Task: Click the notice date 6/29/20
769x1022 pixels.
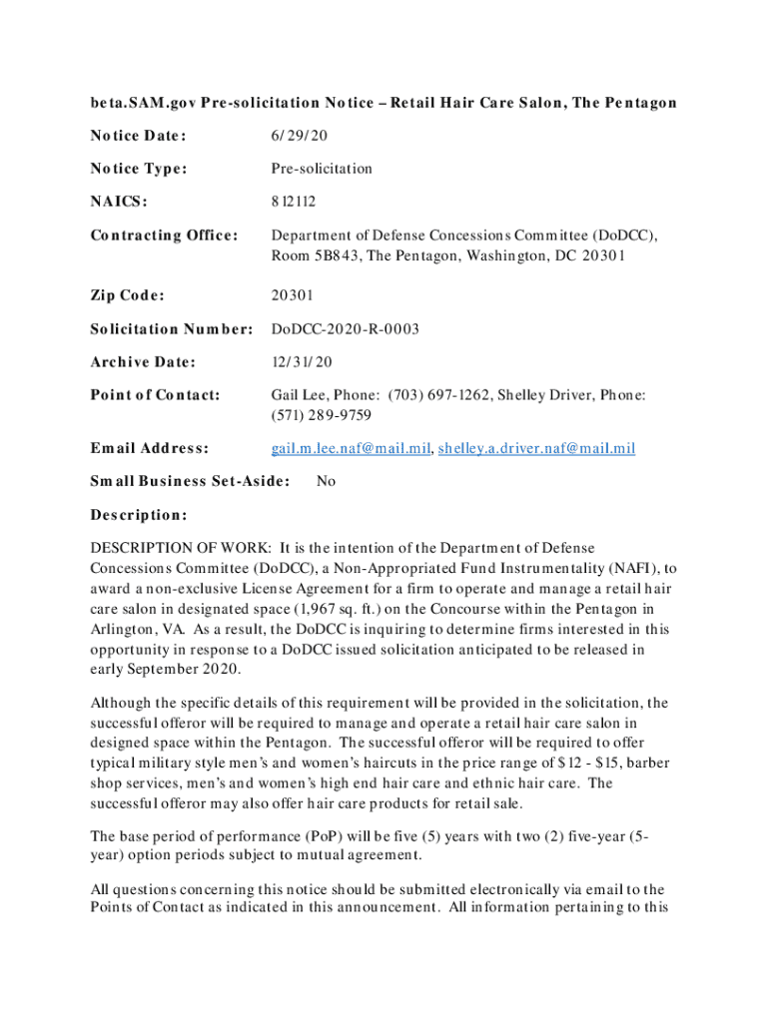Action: tap(298, 136)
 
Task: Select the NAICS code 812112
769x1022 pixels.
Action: tap(294, 202)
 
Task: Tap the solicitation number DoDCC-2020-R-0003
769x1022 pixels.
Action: tap(346, 328)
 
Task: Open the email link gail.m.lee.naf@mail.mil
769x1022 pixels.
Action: tap(350, 448)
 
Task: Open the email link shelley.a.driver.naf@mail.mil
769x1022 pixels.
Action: tap(536, 448)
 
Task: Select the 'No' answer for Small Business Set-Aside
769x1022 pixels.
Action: tap(326, 481)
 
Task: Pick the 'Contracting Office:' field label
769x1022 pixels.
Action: tap(165, 236)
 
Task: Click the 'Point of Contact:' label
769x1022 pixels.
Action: tap(155, 395)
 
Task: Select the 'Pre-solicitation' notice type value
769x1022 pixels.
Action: tap(322, 169)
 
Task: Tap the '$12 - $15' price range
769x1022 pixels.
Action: tap(560, 763)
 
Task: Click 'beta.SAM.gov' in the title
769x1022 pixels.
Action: tap(137, 103)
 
